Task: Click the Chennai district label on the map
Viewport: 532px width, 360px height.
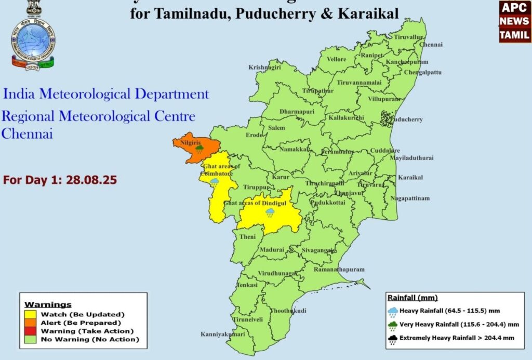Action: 431,45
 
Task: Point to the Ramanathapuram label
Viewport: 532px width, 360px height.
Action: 339,270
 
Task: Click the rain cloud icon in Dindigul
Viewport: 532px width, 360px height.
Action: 270,213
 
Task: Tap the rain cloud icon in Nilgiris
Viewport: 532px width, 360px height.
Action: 199,150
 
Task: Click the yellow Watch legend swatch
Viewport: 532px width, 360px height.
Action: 30,314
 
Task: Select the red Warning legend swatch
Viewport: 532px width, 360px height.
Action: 30,331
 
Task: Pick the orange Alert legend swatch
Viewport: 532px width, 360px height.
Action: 30,323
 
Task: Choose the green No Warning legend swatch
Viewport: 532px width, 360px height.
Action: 30,339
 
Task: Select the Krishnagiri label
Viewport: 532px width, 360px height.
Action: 264,68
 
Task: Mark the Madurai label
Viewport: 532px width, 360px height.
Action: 272,250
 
